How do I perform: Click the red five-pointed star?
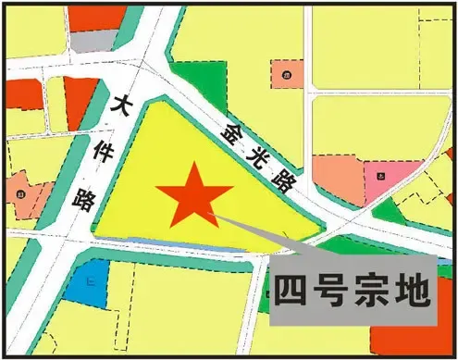193,196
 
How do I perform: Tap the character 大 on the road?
119,107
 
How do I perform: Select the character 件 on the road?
100,151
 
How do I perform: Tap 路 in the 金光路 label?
281,180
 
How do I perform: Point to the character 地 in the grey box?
413,292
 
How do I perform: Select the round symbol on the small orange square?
287,74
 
